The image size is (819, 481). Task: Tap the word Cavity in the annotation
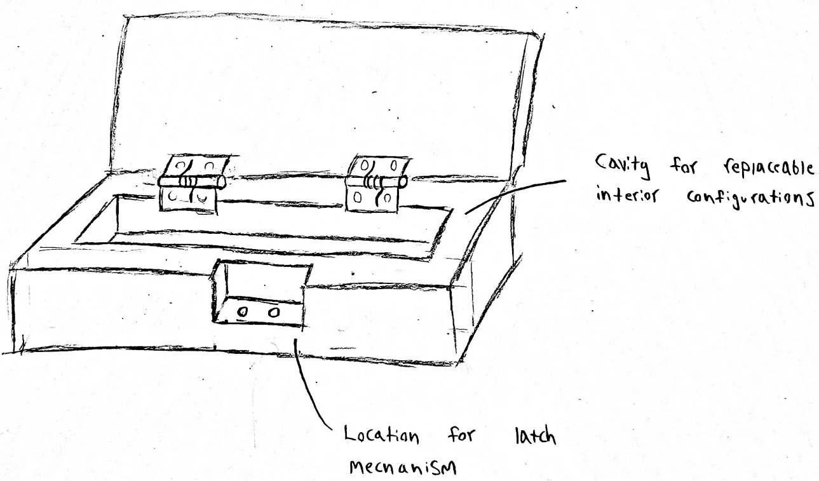(x=616, y=168)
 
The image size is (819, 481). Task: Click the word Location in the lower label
(x=381, y=436)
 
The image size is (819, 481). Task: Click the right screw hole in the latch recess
(x=274, y=313)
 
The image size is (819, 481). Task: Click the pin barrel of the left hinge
(x=193, y=182)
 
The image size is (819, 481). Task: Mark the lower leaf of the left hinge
(x=189, y=199)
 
